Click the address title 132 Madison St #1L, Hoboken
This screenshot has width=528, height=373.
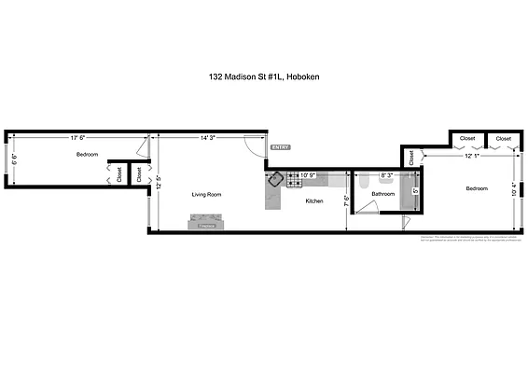[263, 79]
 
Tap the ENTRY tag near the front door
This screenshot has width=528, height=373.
[280, 147]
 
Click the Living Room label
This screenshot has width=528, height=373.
[206, 194]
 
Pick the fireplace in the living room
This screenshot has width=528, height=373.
[206, 221]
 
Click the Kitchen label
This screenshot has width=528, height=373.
[314, 201]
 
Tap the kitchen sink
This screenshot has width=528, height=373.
[277, 178]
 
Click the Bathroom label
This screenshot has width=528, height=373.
[383, 194]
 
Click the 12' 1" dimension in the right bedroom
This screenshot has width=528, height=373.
[474, 157]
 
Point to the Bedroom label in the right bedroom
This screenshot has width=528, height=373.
[477, 188]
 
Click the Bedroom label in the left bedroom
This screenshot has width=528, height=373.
[89, 156]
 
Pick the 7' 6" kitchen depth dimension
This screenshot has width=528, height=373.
[346, 199]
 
